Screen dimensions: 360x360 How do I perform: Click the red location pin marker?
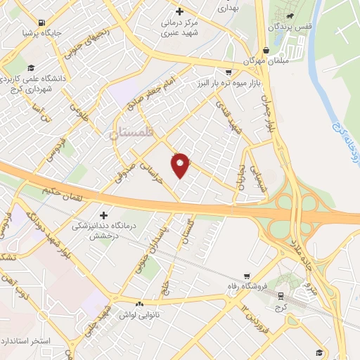pyautogui.click(x=181, y=165)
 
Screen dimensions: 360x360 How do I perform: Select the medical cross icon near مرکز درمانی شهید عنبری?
pyautogui.click(x=180, y=11)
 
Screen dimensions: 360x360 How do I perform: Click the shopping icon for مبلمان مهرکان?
pyautogui.click(x=266, y=51)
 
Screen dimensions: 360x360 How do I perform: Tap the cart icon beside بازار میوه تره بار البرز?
pyautogui.click(x=229, y=72)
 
